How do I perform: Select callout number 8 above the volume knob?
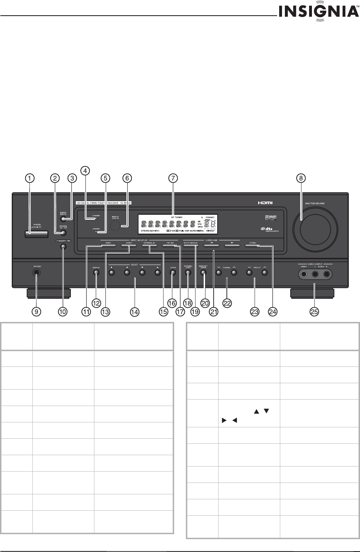pos(301,178)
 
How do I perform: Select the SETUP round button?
pos(173,273)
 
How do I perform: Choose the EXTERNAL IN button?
pos(150,245)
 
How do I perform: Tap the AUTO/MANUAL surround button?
pos(191,245)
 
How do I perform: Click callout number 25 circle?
pos(314,312)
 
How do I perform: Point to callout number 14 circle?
pos(134,312)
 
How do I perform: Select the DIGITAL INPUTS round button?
pos(63,220)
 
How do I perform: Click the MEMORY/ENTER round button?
pos(203,273)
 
